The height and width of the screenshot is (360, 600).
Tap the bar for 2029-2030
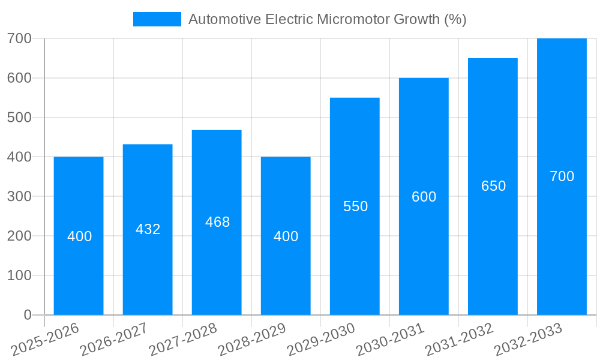[355, 264]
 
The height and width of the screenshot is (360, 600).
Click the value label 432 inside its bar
[148, 229]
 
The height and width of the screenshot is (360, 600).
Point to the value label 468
[217, 222]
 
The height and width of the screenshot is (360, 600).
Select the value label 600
[424, 197]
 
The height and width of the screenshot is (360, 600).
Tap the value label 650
[493, 186]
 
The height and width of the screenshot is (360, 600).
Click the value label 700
[562, 176]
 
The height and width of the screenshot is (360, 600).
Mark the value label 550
[355, 206]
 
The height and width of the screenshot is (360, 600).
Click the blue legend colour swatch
[157, 19]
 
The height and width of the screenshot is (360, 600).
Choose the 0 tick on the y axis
[28, 315]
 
